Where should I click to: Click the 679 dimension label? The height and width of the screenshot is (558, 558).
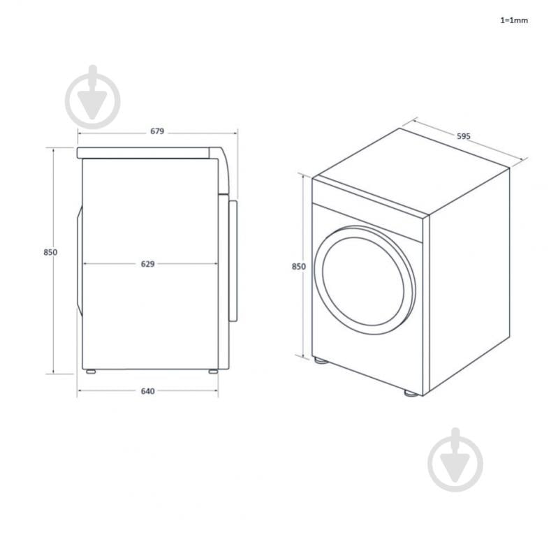tap(156, 131)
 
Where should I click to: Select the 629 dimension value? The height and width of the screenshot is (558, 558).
tap(147, 264)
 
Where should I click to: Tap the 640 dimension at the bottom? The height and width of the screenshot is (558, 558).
tap(147, 391)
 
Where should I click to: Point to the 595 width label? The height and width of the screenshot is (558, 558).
tap(463, 136)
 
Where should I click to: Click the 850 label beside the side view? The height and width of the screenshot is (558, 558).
tap(49, 252)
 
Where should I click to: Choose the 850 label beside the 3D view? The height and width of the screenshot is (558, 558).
tap(298, 266)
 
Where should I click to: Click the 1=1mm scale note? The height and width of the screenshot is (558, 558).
tap(514, 20)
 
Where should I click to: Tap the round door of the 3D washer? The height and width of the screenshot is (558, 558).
tap(364, 278)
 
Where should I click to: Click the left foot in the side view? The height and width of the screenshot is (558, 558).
tap(91, 372)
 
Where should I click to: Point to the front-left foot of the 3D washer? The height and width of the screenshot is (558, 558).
tap(319, 362)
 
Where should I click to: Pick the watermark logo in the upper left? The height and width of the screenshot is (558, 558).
tap(93, 98)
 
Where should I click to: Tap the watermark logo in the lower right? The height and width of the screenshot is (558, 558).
tap(455, 460)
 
